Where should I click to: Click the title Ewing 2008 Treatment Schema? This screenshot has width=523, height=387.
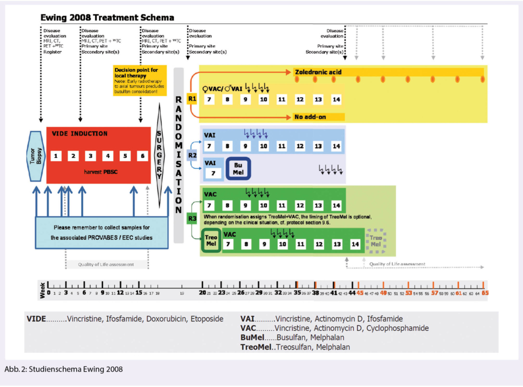[x=107, y=18]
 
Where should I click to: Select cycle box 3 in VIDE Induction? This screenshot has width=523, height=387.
[x=90, y=155]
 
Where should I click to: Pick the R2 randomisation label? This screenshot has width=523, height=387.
[x=192, y=154]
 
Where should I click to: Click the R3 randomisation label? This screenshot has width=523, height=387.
[x=192, y=219]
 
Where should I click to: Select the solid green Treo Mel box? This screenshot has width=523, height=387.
[x=211, y=241]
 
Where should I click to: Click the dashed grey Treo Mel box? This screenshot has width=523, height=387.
[x=375, y=241]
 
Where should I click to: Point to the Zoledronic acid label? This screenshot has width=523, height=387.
[x=318, y=72]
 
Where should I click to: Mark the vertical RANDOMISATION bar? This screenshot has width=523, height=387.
[x=178, y=154]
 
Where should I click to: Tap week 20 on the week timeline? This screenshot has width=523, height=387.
[x=202, y=293]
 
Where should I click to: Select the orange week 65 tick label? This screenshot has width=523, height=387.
[x=485, y=293]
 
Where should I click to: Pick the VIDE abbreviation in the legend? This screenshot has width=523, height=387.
[x=36, y=318]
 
